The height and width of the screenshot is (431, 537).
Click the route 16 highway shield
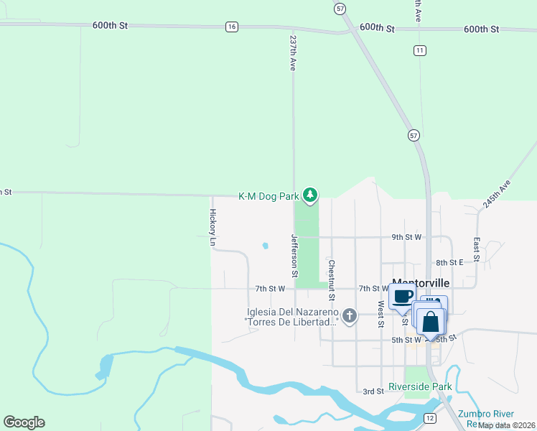231,27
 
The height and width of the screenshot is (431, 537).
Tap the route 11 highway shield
420,50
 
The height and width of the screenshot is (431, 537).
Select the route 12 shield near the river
430,417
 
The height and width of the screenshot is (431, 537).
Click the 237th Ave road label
293,52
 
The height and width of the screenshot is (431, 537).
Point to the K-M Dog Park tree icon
310,195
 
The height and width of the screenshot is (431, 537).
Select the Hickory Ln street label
213,228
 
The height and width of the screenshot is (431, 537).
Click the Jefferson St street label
294,256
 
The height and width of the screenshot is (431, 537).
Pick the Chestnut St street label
332,281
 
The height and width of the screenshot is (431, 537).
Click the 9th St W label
406,237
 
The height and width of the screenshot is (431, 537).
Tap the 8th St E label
450,263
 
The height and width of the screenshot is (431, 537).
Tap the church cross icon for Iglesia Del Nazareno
350,315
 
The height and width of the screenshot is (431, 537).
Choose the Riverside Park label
420,386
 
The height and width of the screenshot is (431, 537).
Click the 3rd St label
373,391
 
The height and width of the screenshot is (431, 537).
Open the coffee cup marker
403,295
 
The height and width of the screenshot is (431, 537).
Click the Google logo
24,422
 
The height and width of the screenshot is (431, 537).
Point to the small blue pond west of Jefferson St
265,246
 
